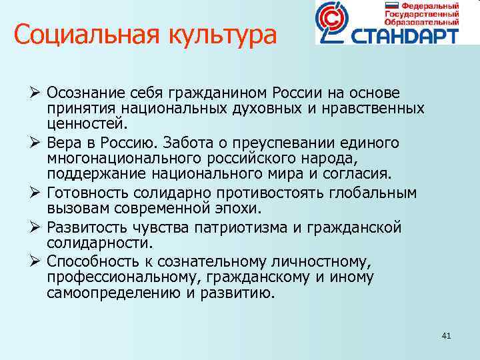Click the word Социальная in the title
coord(73,34)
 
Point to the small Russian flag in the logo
coord(390,5)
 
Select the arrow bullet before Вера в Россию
coord(37,143)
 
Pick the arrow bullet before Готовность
coord(37,193)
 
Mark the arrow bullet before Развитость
coord(37,228)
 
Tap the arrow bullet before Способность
coord(37,261)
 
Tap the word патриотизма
coord(243,228)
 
